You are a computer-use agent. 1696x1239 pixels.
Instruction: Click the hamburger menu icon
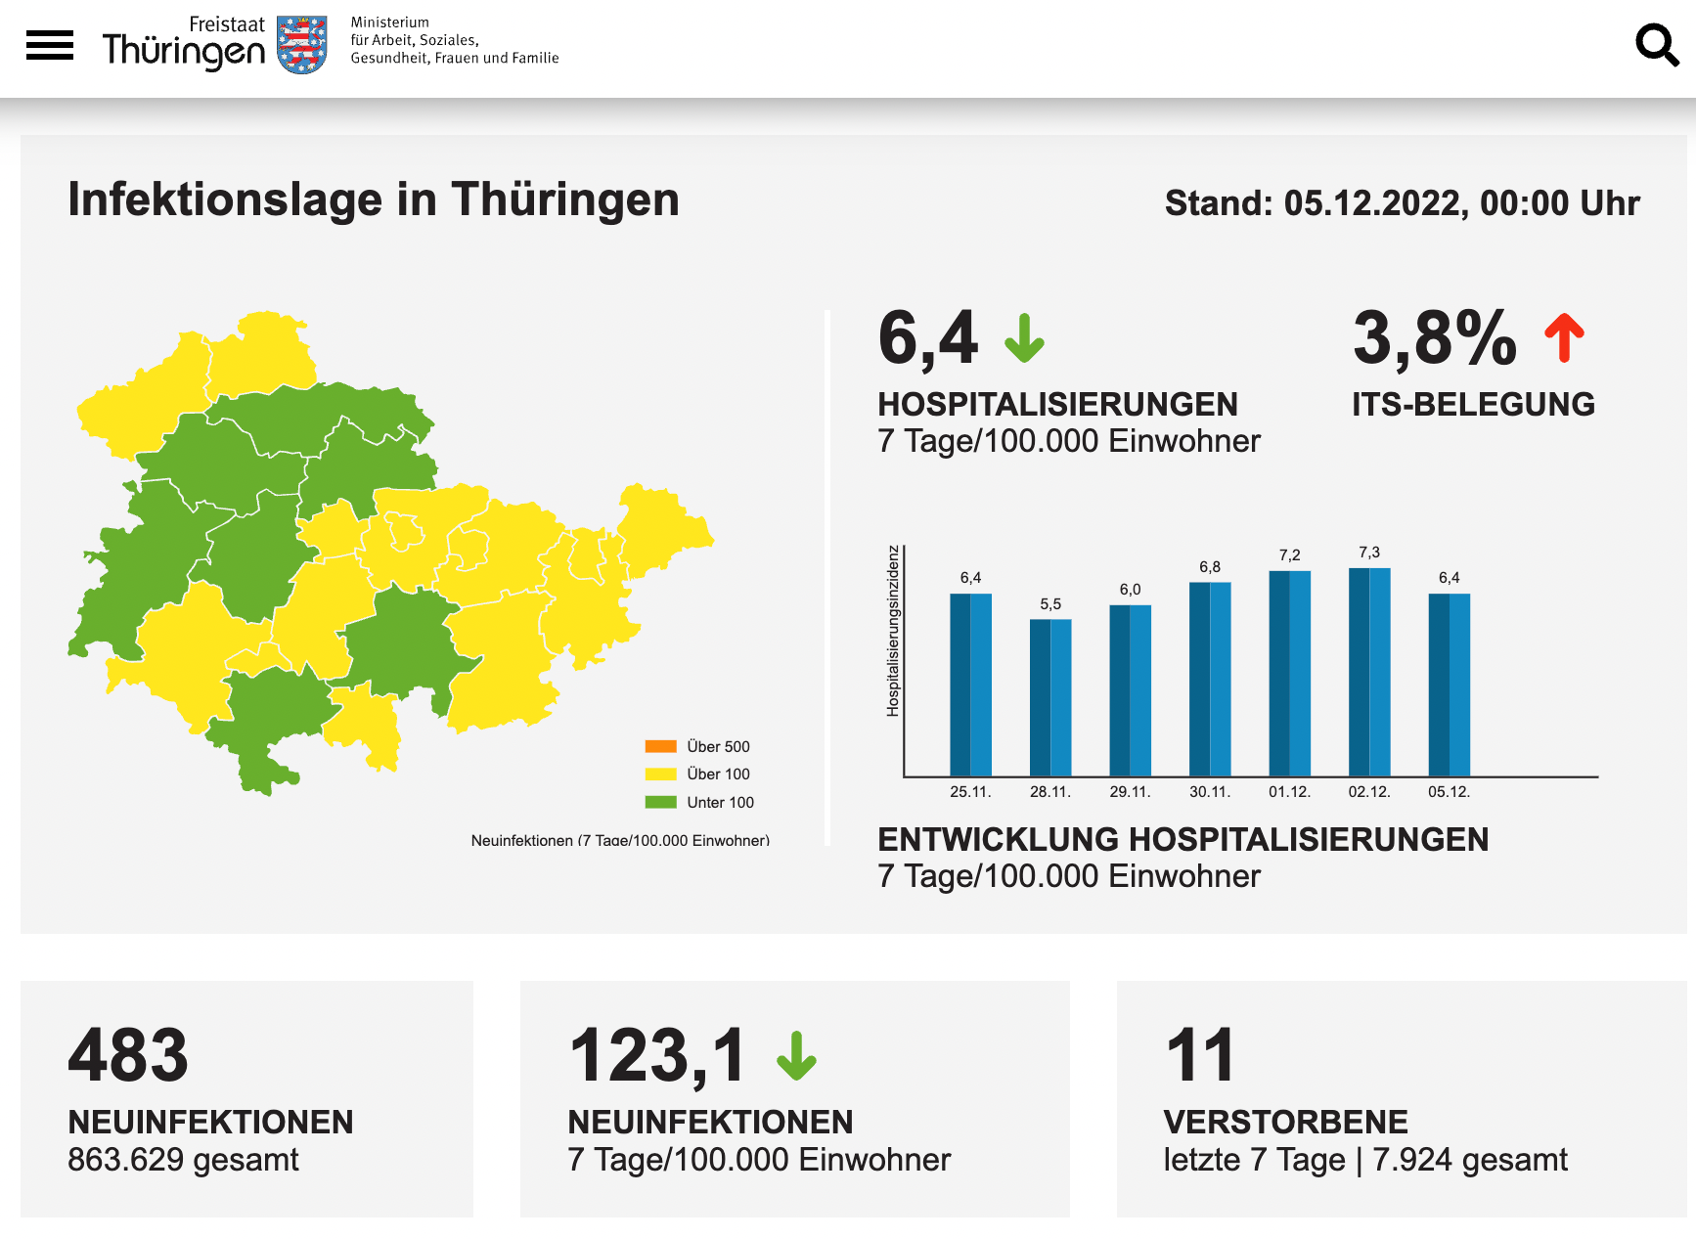pos(50,45)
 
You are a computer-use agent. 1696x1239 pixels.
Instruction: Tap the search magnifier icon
pos(1657,45)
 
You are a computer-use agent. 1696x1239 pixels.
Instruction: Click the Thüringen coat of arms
pos(302,45)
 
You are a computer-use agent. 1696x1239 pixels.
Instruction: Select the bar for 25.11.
pos(970,685)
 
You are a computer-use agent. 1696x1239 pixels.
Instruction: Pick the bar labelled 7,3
pos(1369,672)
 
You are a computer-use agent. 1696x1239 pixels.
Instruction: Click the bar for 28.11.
pos(1050,697)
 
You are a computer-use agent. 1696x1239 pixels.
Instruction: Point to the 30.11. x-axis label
pos(1210,792)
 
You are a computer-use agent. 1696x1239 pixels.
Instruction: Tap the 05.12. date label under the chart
pos(1449,792)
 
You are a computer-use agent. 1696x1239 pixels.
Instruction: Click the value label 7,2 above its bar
pos(1290,555)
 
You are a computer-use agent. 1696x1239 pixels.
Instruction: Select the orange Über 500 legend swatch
pos(661,746)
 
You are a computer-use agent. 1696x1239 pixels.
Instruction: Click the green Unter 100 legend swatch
pos(661,802)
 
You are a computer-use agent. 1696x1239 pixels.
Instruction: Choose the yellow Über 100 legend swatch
pos(661,774)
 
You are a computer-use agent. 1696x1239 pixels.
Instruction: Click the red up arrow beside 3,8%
pos(1565,337)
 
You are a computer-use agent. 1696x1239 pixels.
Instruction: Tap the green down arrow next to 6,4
pos(1024,338)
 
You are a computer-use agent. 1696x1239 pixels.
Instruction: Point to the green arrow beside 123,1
pos(796,1056)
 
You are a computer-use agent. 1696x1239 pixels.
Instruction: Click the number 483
pos(128,1055)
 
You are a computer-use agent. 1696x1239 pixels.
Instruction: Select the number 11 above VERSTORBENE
pos(1200,1055)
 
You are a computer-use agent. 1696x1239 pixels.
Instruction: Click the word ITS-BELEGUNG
pos(1473,404)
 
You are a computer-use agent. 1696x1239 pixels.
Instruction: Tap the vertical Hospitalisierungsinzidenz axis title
pos(892,631)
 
